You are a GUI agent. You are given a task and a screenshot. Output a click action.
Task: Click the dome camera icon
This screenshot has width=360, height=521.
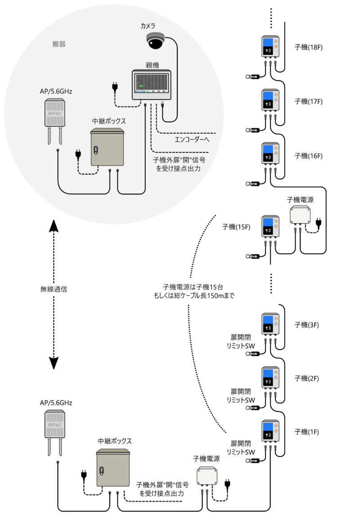156,41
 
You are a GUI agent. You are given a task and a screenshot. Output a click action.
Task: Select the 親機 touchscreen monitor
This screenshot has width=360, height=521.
152,84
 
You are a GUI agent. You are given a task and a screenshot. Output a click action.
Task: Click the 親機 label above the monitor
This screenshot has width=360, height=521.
152,65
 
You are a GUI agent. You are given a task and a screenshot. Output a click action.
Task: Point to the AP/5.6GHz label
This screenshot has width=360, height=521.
56,91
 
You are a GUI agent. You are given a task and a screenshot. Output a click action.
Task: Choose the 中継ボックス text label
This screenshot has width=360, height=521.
109,121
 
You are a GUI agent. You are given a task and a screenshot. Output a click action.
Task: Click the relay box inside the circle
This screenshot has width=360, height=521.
107,147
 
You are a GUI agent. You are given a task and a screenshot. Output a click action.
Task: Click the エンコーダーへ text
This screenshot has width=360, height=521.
192,139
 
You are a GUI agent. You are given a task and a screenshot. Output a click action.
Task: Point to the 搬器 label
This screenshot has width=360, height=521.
59,45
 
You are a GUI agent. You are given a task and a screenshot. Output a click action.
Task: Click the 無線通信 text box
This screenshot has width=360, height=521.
54,289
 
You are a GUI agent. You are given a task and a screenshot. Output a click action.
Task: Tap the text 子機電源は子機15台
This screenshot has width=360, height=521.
193,287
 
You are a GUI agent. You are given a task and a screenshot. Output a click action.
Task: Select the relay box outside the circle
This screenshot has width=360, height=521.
113,467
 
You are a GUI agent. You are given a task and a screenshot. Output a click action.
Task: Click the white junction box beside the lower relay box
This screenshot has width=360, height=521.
207,477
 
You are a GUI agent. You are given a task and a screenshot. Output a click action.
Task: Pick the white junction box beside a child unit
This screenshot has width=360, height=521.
300,216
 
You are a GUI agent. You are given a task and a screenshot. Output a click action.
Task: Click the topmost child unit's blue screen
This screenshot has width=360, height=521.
268,43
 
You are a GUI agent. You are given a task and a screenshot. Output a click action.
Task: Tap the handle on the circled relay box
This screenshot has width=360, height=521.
95,150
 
